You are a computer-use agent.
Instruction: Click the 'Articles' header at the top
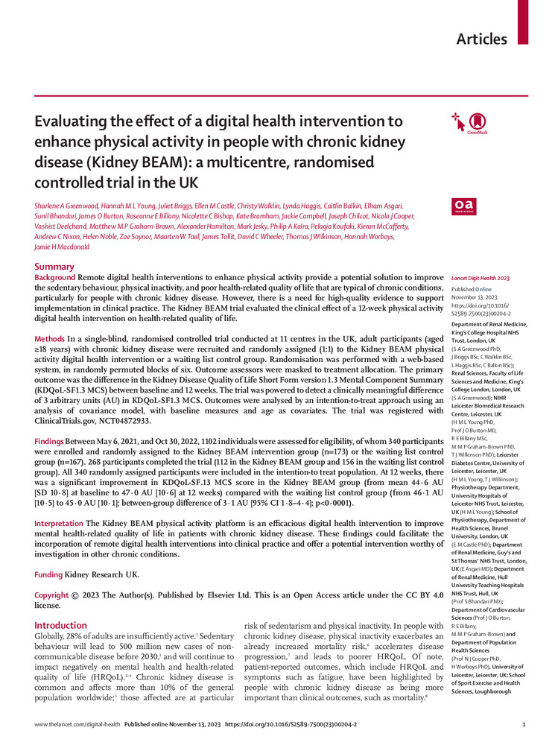[x=481, y=39]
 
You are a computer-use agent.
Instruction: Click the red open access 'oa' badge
[x=463, y=206]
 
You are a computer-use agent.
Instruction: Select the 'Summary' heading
[x=54, y=267]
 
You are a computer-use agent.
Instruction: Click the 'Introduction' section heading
[x=61, y=625]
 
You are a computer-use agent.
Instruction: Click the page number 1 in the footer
[x=524, y=724]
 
